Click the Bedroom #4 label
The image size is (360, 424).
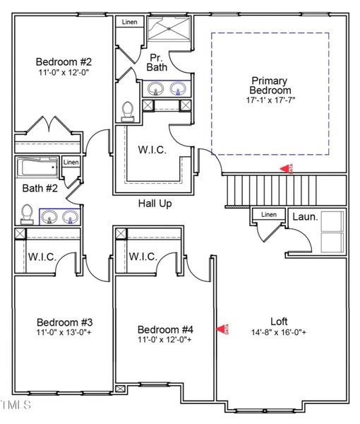[164, 329]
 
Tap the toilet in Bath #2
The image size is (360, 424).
[27, 213]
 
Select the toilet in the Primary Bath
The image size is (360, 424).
[128, 110]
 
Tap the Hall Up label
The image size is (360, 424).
[155, 204]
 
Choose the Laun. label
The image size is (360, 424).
[306, 217]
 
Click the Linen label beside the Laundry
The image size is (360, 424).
[268, 215]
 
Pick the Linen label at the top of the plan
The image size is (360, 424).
[129, 22]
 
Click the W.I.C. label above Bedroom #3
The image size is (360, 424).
[42, 257]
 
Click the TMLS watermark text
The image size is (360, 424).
[16, 405]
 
